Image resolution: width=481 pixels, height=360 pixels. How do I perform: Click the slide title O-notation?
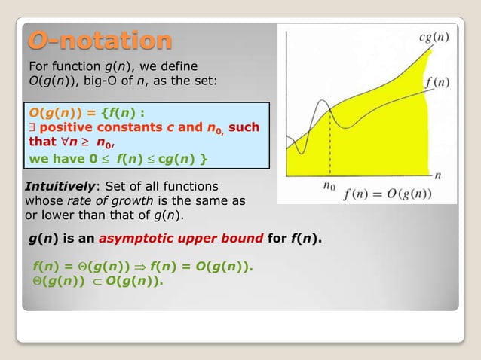(100, 40)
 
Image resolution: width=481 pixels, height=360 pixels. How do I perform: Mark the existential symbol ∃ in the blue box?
(32, 127)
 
